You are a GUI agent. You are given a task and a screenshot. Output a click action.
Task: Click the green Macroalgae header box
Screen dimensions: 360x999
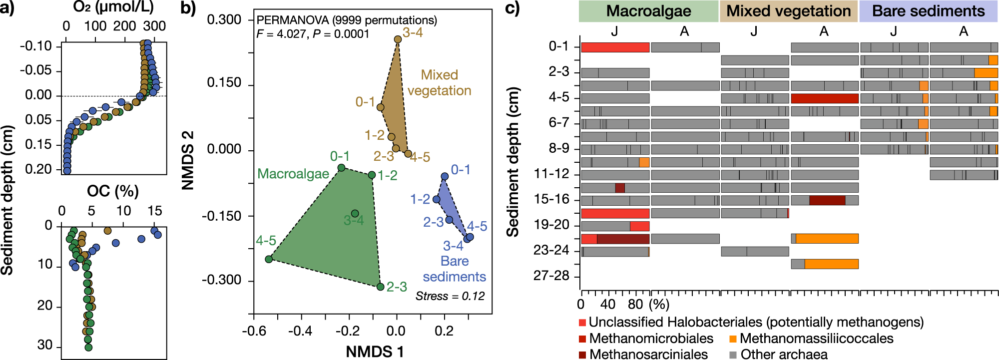click(x=648, y=11)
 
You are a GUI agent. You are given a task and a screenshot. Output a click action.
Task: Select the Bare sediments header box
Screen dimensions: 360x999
click(x=928, y=11)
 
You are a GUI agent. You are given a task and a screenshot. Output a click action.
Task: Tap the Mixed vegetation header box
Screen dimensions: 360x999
click(x=789, y=11)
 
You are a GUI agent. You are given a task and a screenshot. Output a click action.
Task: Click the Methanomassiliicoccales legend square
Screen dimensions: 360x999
click(x=733, y=339)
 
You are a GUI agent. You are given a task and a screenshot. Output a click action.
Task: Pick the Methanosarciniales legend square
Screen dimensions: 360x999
click(x=582, y=355)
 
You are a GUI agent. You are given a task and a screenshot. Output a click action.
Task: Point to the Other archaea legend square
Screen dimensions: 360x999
click(x=733, y=355)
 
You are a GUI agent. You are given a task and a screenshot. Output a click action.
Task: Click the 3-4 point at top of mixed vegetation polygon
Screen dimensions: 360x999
click(x=398, y=39)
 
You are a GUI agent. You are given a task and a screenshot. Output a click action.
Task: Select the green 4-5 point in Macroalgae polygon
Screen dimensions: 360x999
click(x=269, y=259)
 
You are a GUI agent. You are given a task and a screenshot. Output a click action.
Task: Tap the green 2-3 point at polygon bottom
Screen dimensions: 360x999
click(x=380, y=287)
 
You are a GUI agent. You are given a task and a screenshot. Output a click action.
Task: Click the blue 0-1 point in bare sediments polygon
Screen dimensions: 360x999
click(x=445, y=176)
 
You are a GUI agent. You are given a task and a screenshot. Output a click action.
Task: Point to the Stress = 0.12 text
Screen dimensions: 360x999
click(x=450, y=296)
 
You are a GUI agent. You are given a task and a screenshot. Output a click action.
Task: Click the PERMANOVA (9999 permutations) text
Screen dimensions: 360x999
click(x=347, y=20)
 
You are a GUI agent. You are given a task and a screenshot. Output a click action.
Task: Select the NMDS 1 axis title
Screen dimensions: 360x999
click(x=375, y=352)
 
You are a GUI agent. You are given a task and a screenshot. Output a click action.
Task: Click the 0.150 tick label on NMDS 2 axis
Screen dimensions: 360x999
click(x=224, y=83)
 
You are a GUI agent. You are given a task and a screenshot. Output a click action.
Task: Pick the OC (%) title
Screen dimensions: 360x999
click(x=113, y=191)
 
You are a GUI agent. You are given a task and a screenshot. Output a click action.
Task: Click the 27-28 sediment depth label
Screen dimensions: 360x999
click(x=551, y=276)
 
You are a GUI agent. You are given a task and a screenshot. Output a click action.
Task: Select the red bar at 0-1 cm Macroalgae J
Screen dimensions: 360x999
click(x=615, y=47)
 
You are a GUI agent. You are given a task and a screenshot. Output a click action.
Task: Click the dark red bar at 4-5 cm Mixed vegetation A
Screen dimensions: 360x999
click(x=825, y=98)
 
